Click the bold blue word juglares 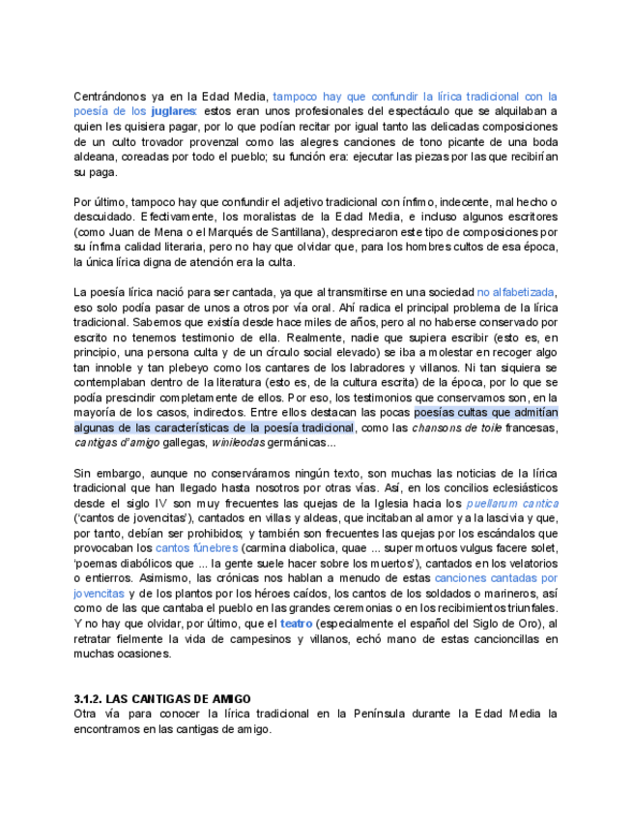coord(173,111)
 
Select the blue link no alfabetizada coord(517,292)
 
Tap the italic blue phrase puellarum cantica coord(512,504)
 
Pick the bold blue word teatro coord(296,624)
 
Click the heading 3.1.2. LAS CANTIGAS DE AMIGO coord(162,699)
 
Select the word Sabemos coord(155,322)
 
